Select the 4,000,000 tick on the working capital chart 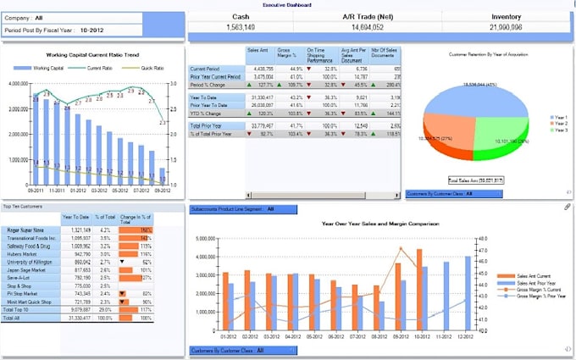[19, 84]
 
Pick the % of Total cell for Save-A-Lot [104, 276]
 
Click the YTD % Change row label [208, 112]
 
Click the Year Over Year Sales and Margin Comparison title [379, 224]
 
